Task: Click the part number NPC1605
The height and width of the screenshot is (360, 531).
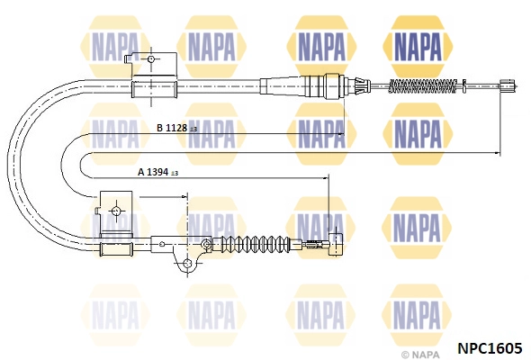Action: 490,347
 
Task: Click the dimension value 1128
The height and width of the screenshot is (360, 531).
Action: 176,128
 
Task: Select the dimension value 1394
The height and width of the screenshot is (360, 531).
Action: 157,172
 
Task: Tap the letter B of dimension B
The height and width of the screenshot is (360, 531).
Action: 160,128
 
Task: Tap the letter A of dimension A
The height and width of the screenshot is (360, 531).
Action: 141,172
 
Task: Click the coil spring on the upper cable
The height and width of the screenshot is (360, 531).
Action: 423,86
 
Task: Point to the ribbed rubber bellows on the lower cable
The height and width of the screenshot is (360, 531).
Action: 256,244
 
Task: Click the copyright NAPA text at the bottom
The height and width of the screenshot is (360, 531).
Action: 420,355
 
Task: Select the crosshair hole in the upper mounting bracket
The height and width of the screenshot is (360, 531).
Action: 151,59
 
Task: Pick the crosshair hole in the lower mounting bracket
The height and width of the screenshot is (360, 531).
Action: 116,211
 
